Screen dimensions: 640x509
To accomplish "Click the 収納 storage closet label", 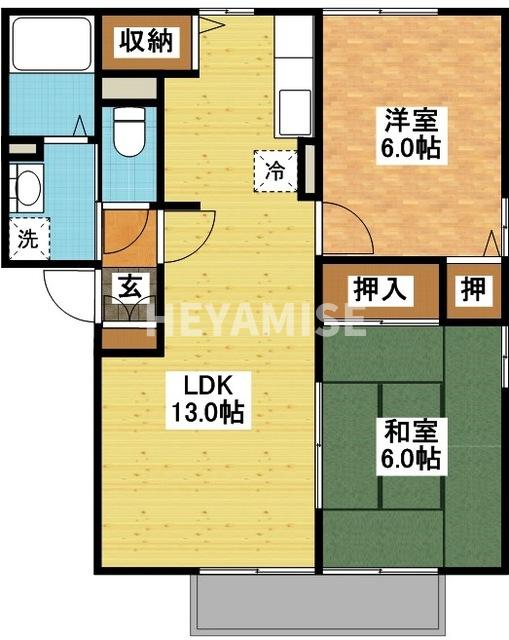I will tap(147, 41).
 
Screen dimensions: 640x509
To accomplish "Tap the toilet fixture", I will tap(128, 132).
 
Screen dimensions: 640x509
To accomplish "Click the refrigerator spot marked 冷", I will tap(274, 170).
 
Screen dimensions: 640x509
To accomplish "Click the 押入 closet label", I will tap(379, 290).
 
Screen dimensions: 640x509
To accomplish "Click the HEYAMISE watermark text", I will tap(256, 320).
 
